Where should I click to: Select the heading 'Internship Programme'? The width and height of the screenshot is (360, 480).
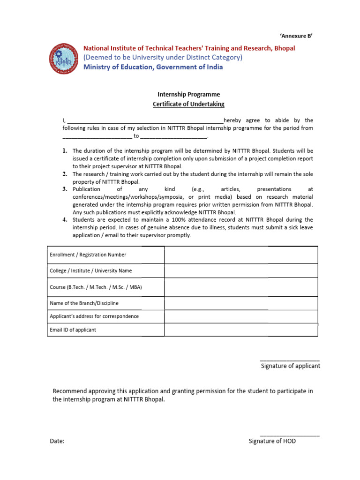click(188, 94)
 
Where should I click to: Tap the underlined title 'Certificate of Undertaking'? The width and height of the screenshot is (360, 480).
click(188, 104)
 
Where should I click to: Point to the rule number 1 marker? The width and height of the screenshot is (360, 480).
click(65, 151)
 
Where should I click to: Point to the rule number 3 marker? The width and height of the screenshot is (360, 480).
click(65, 189)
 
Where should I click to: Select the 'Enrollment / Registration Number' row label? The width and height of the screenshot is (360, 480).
click(88, 255)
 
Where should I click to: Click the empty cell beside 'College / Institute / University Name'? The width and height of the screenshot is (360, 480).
click(241, 270)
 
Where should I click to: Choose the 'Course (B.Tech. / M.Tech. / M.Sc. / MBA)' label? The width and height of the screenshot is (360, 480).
click(96, 287)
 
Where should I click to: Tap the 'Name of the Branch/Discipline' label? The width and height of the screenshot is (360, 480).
click(84, 303)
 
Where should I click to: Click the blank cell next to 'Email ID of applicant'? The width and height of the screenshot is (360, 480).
click(241, 330)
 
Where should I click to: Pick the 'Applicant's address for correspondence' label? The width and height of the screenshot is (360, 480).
click(94, 316)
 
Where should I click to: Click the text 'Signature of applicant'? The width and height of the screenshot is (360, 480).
click(290, 366)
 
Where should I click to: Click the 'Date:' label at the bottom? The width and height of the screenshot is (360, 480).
click(57, 441)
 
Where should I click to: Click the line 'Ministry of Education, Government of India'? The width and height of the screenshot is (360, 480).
click(153, 67)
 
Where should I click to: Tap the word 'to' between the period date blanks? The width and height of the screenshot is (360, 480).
click(136, 136)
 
